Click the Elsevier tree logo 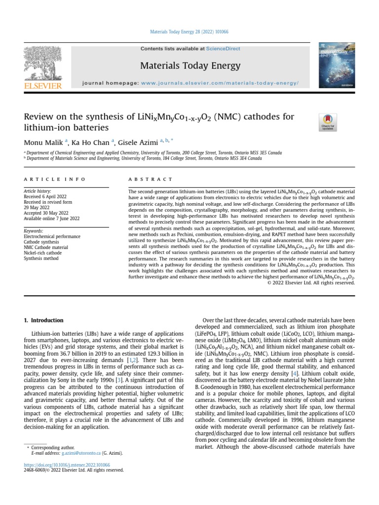42,64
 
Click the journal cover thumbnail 334,67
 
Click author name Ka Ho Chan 91,143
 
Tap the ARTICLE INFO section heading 55,180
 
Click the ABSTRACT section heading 151,180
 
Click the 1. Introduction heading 44,320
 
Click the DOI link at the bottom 67,465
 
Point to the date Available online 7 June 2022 51,218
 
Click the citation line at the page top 189,33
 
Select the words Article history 38,191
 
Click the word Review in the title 39,117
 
